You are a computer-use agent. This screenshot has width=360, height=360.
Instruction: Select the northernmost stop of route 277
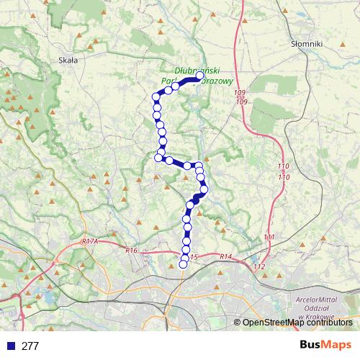(x=200, y=76)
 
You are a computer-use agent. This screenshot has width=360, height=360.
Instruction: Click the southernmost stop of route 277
(x=183, y=264)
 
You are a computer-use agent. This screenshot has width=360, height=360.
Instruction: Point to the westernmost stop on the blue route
(x=156, y=97)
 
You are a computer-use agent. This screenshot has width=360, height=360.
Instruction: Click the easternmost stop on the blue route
(x=204, y=189)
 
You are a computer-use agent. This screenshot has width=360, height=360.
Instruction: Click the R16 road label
(x=130, y=251)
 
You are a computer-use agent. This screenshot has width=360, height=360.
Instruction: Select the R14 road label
(x=225, y=256)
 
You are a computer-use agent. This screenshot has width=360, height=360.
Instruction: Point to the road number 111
(x=269, y=237)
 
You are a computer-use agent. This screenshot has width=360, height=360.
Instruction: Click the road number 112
(x=260, y=267)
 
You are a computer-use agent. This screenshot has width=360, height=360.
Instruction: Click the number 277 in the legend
(x=30, y=346)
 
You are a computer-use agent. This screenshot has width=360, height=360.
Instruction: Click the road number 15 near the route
(x=194, y=256)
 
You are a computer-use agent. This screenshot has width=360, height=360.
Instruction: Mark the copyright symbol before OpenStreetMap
(x=238, y=323)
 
